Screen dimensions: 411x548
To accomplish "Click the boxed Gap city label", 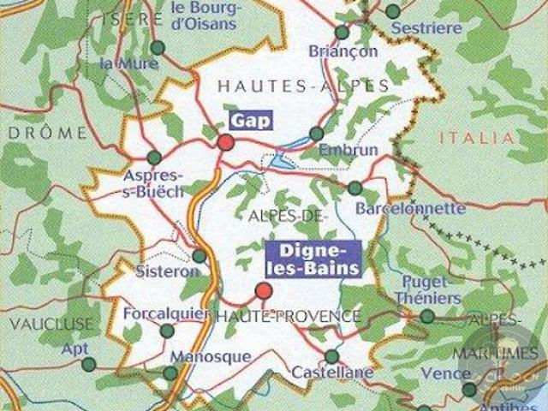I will pos(251,121).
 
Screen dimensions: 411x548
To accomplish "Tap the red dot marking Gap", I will pos(225,142).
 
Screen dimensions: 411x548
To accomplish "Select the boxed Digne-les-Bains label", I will pos(314,258).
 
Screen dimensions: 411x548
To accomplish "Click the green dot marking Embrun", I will pos(317,134).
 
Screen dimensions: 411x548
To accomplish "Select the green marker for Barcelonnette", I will pos(355,188).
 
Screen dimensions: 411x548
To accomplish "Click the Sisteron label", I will pos(167,271).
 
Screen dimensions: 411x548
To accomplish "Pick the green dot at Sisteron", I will pos(199,255).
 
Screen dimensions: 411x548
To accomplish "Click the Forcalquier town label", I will pos(166,313).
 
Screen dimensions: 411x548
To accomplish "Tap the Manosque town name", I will pos(211,356).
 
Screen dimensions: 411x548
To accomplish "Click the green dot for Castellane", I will pos(332,356).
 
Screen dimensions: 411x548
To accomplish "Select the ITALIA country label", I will pos(476,138).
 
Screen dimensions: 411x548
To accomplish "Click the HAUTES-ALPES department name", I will pos(303,86).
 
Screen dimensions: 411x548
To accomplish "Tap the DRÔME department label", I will pos(45,133).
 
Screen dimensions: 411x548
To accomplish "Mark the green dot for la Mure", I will pos(158,48).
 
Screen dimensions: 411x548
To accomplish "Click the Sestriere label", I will pos(426,28).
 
